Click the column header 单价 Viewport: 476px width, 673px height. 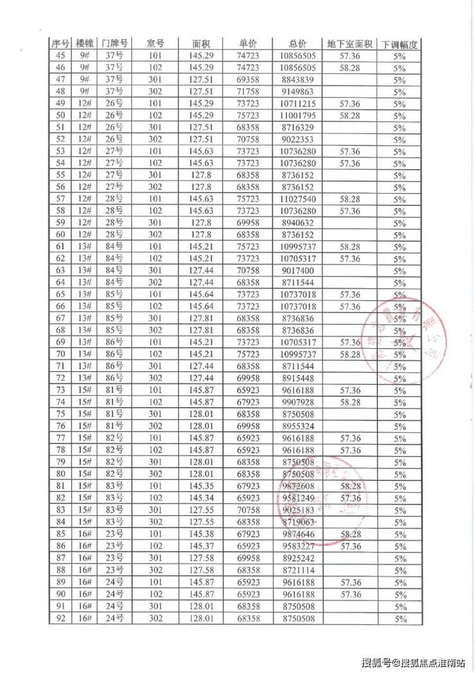click(x=248, y=44)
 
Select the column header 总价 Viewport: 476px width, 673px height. click(x=298, y=44)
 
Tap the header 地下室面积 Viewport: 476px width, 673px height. click(x=350, y=44)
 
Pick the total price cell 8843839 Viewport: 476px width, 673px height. click(x=298, y=80)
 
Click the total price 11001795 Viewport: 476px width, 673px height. click(x=298, y=116)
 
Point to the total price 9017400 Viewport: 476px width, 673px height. click(x=298, y=271)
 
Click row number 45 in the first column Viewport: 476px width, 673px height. click(x=61, y=56)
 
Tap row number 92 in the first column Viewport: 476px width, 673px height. click(x=61, y=618)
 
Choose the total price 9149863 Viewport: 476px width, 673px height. click(x=298, y=91)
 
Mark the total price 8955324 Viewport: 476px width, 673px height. click(x=298, y=427)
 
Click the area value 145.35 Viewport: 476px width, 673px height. click(x=201, y=486)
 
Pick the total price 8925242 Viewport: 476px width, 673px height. click(x=298, y=558)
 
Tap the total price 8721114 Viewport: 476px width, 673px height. click(x=298, y=571)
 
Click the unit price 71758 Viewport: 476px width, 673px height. click(x=248, y=91)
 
